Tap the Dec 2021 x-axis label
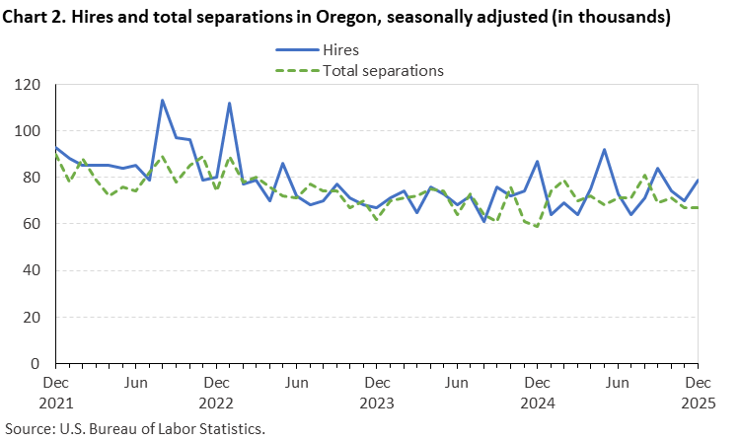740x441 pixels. [55, 392]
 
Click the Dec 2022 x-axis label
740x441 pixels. [215, 392]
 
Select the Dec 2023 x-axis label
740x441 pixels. [376, 392]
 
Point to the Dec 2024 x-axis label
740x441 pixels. [537, 392]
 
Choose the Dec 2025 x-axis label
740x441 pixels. [697, 392]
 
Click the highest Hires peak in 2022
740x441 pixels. [162, 101]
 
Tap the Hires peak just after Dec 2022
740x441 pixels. [229, 104]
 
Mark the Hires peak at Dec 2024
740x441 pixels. [537, 162]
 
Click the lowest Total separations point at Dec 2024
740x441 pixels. [537, 226]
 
